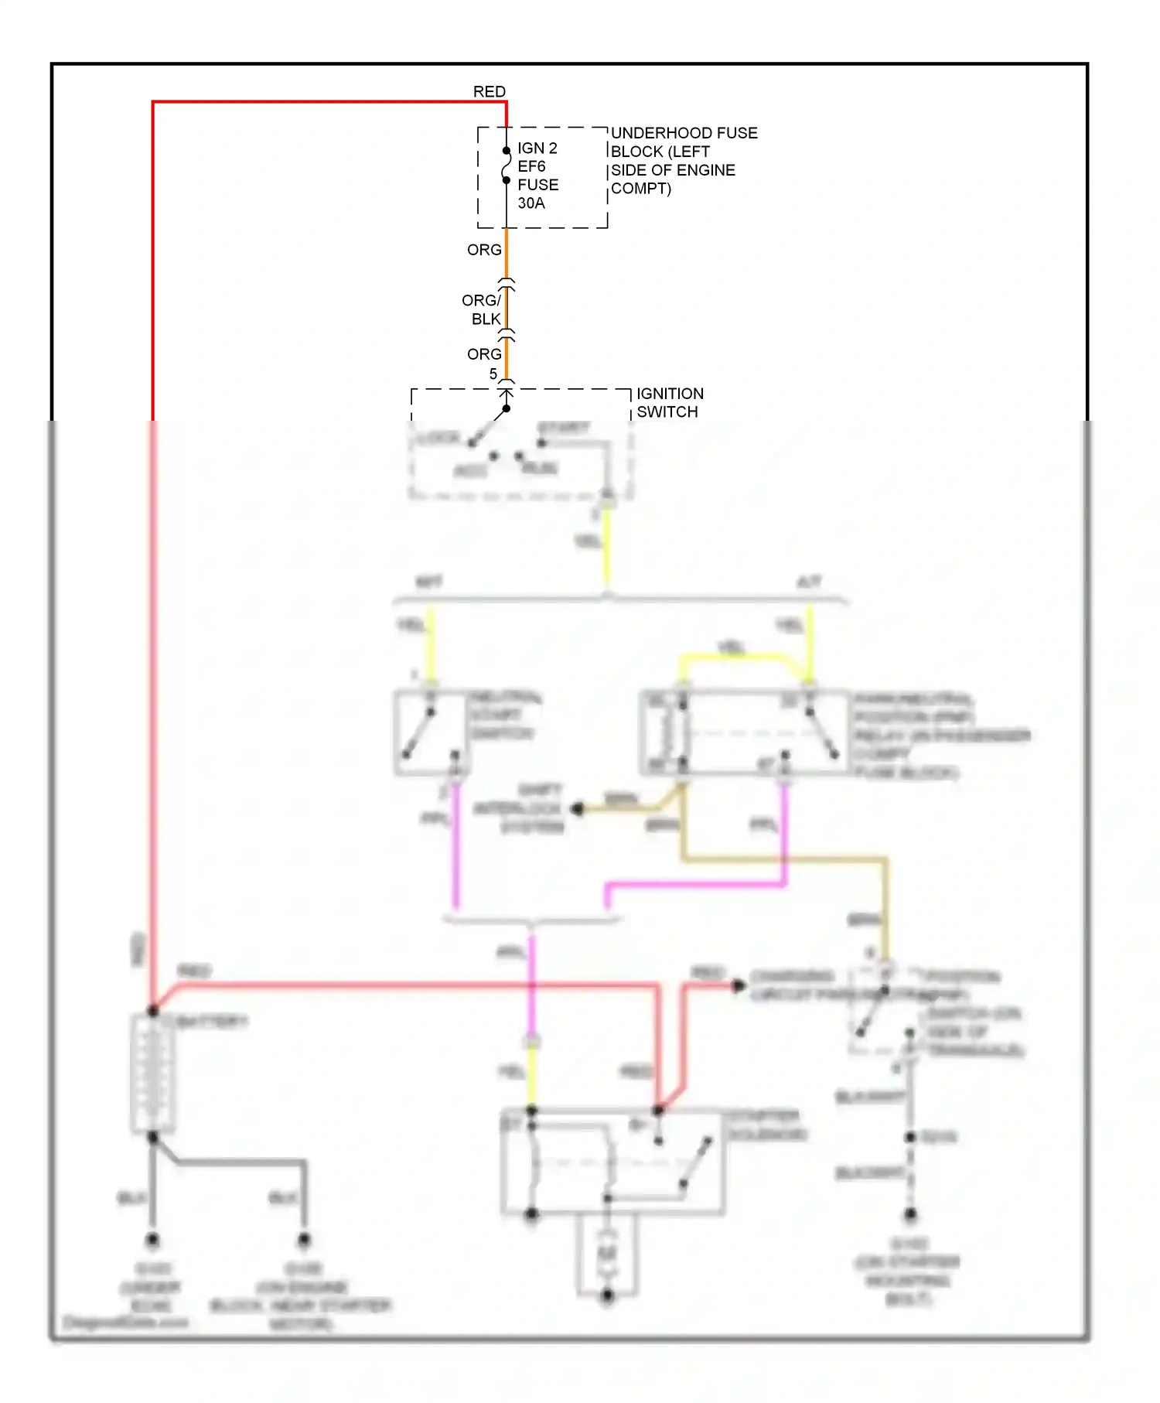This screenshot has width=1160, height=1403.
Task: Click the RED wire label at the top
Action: (489, 92)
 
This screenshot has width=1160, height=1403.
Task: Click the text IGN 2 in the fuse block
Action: (537, 148)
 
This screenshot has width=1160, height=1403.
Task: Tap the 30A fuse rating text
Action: (531, 203)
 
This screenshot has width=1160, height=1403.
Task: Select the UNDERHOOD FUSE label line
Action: (684, 133)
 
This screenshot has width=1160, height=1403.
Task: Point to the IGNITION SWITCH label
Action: (669, 403)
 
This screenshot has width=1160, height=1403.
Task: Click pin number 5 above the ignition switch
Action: (493, 374)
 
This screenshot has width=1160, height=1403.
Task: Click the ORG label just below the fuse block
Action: (484, 250)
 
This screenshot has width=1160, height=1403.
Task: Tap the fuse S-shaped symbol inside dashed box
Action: (507, 166)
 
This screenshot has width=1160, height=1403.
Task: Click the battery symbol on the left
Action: (152, 1073)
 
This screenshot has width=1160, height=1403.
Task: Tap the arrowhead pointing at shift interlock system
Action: (577, 809)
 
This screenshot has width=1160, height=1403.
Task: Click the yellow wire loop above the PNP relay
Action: (735, 657)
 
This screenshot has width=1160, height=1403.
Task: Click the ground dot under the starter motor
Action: (607, 1295)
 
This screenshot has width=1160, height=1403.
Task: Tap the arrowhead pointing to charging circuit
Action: (739, 985)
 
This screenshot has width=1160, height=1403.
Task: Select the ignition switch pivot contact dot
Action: (506, 408)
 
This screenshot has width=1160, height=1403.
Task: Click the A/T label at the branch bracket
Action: (808, 582)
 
